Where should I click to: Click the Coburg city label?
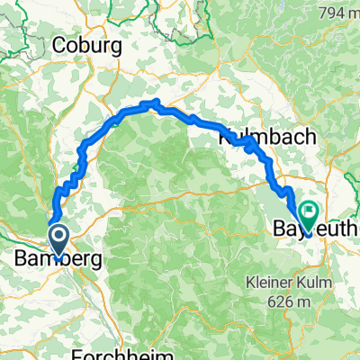coord(87,45)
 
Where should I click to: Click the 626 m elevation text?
coord(283,301)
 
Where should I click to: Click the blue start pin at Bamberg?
coord(58,240)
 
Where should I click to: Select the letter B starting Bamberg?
coord(22,259)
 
